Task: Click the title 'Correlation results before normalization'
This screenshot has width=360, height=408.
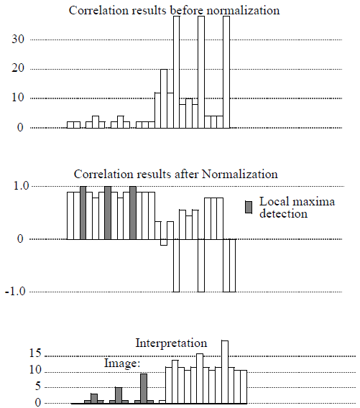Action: [x=174, y=10]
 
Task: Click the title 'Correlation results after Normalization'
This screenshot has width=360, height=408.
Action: [x=176, y=175]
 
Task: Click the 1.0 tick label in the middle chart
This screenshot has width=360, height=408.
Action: [x=17, y=186]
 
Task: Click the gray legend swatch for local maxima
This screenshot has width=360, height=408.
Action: [x=248, y=207]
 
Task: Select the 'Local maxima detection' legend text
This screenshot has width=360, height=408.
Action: [x=284, y=208]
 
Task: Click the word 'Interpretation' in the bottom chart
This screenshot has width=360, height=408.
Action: [x=171, y=343]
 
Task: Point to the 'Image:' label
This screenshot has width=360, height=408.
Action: [x=121, y=363]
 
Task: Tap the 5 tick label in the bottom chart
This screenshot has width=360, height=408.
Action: [x=20, y=386]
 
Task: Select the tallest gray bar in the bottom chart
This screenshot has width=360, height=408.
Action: [x=144, y=389]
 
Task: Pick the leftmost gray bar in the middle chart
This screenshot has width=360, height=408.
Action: [x=83, y=213]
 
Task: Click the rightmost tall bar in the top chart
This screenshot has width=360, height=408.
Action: [x=226, y=72]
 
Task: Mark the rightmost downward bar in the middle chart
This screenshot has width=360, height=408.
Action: [x=229, y=265]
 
